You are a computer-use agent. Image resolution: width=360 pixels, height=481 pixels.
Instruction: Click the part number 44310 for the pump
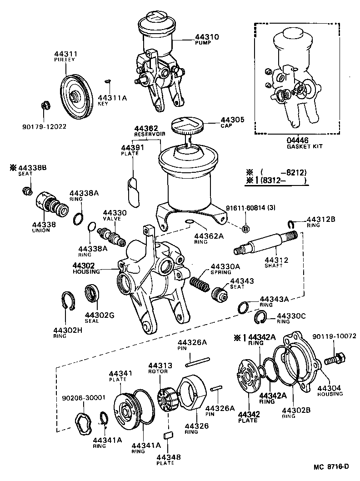coord(206,37)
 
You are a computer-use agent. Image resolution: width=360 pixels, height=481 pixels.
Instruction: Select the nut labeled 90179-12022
coord(45,106)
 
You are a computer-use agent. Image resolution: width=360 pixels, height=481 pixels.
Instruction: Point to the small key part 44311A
coord(107,81)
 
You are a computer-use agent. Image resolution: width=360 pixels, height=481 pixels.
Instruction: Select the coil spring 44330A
coord(199,285)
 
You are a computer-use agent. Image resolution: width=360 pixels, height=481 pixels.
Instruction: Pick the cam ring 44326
coord(192,392)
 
